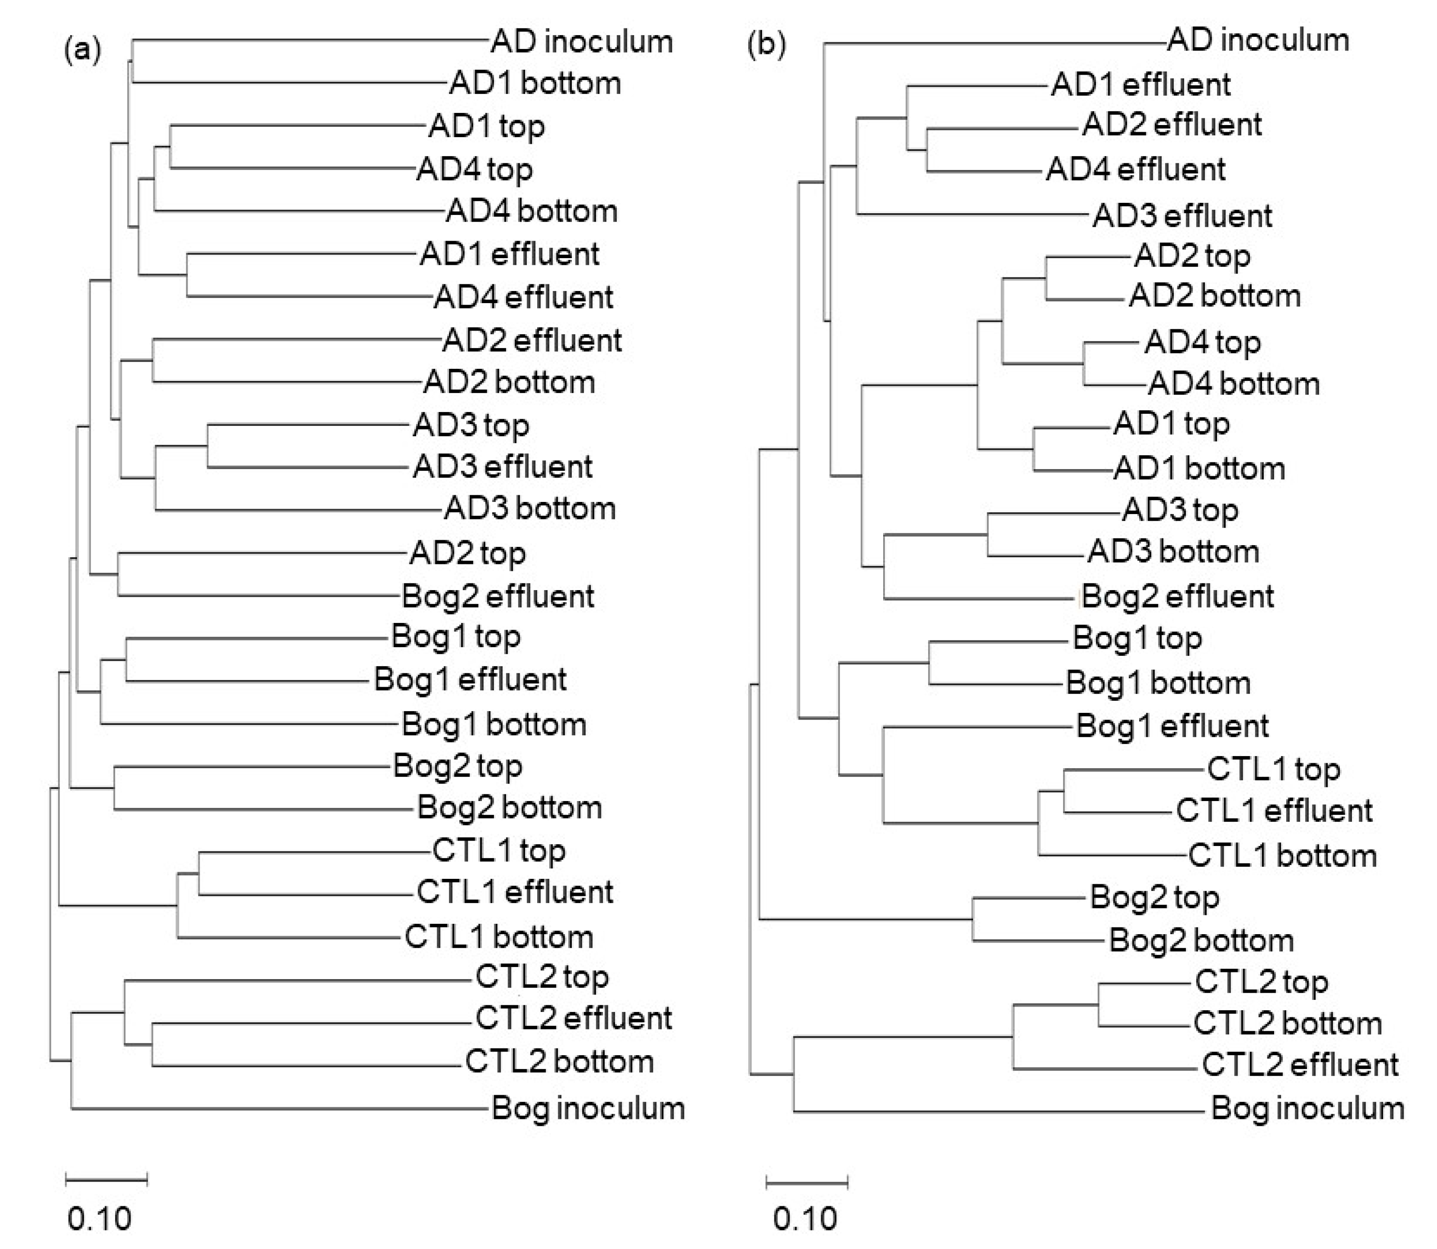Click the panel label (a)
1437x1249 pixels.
(83, 51)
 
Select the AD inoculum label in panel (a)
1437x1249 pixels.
(581, 42)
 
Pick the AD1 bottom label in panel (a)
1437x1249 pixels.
(535, 84)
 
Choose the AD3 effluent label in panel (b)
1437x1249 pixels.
(1182, 216)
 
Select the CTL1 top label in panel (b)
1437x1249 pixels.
(1273, 770)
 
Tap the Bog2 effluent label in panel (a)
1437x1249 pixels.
(498, 597)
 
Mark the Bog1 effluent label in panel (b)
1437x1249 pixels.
(1172, 726)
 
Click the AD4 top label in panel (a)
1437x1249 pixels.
(474, 170)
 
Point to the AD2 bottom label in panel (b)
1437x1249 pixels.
(1215, 296)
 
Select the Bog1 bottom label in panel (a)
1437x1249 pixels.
(494, 725)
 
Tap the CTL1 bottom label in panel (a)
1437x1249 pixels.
(498, 937)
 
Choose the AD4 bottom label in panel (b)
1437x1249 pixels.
(1233, 384)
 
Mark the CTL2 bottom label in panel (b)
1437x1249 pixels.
(1287, 1023)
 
